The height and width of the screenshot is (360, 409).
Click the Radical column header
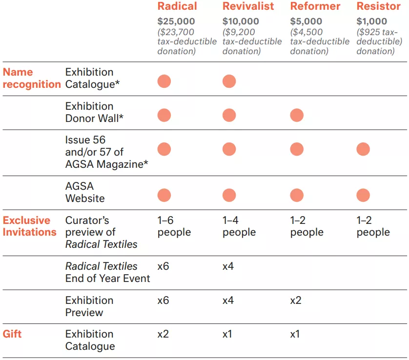point(177,6)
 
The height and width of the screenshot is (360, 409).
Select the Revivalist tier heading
point(248,6)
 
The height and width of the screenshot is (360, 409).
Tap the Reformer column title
point(315,6)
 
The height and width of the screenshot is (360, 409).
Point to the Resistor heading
point(379,6)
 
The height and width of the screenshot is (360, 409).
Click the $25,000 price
point(176,21)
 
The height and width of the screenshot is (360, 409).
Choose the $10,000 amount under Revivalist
point(241,21)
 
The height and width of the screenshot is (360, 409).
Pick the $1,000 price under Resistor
point(372,21)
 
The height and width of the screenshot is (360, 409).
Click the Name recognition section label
point(32,78)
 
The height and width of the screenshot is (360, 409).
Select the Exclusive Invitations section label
point(29,226)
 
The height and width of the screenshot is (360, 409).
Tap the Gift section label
point(12,334)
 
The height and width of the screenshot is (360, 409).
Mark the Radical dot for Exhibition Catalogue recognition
point(164,81)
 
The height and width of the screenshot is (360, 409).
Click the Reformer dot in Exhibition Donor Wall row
point(297,115)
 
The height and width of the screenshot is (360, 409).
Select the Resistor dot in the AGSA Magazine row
point(363,149)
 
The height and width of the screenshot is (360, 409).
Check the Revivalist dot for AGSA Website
point(229,196)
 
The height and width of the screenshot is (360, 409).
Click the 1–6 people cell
point(174,226)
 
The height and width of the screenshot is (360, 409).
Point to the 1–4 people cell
point(239,226)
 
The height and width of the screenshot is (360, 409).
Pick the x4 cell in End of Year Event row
point(228,267)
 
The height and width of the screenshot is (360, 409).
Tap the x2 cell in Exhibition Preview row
point(296,300)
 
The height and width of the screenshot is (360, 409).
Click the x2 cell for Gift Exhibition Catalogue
point(163,334)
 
